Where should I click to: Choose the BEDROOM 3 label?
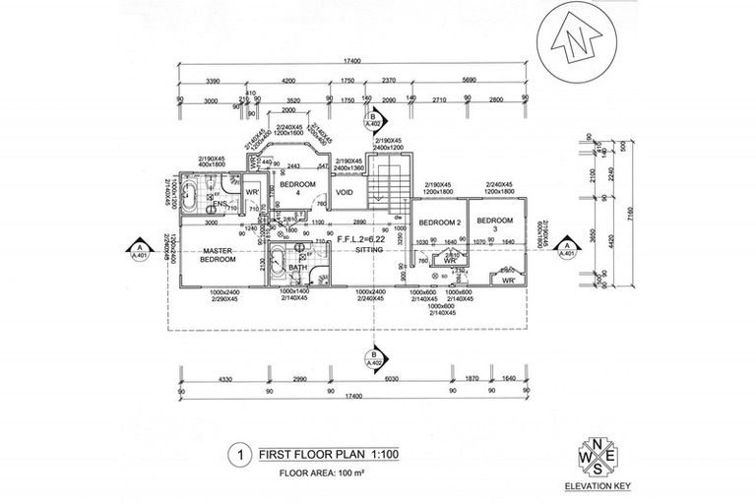click(494, 225)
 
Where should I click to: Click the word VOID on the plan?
click(345, 193)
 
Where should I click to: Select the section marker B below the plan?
click(373, 359)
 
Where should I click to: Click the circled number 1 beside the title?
click(236, 456)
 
